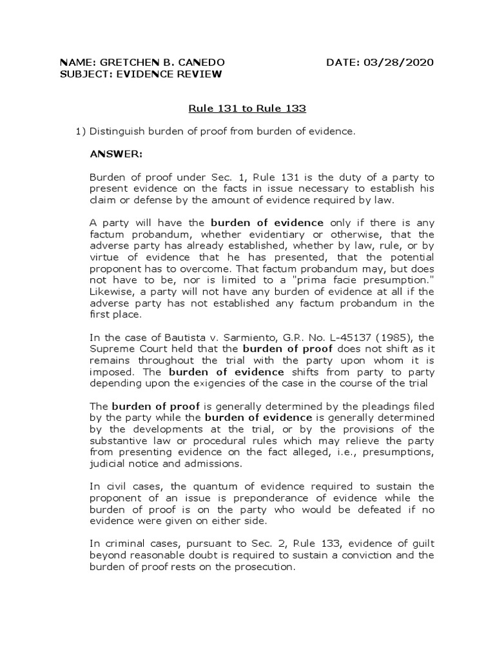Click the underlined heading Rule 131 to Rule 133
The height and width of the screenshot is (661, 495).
(x=247, y=108)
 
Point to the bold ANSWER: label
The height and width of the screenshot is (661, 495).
(x=116, y=154)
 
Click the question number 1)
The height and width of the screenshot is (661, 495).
(x=81, y=131)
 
